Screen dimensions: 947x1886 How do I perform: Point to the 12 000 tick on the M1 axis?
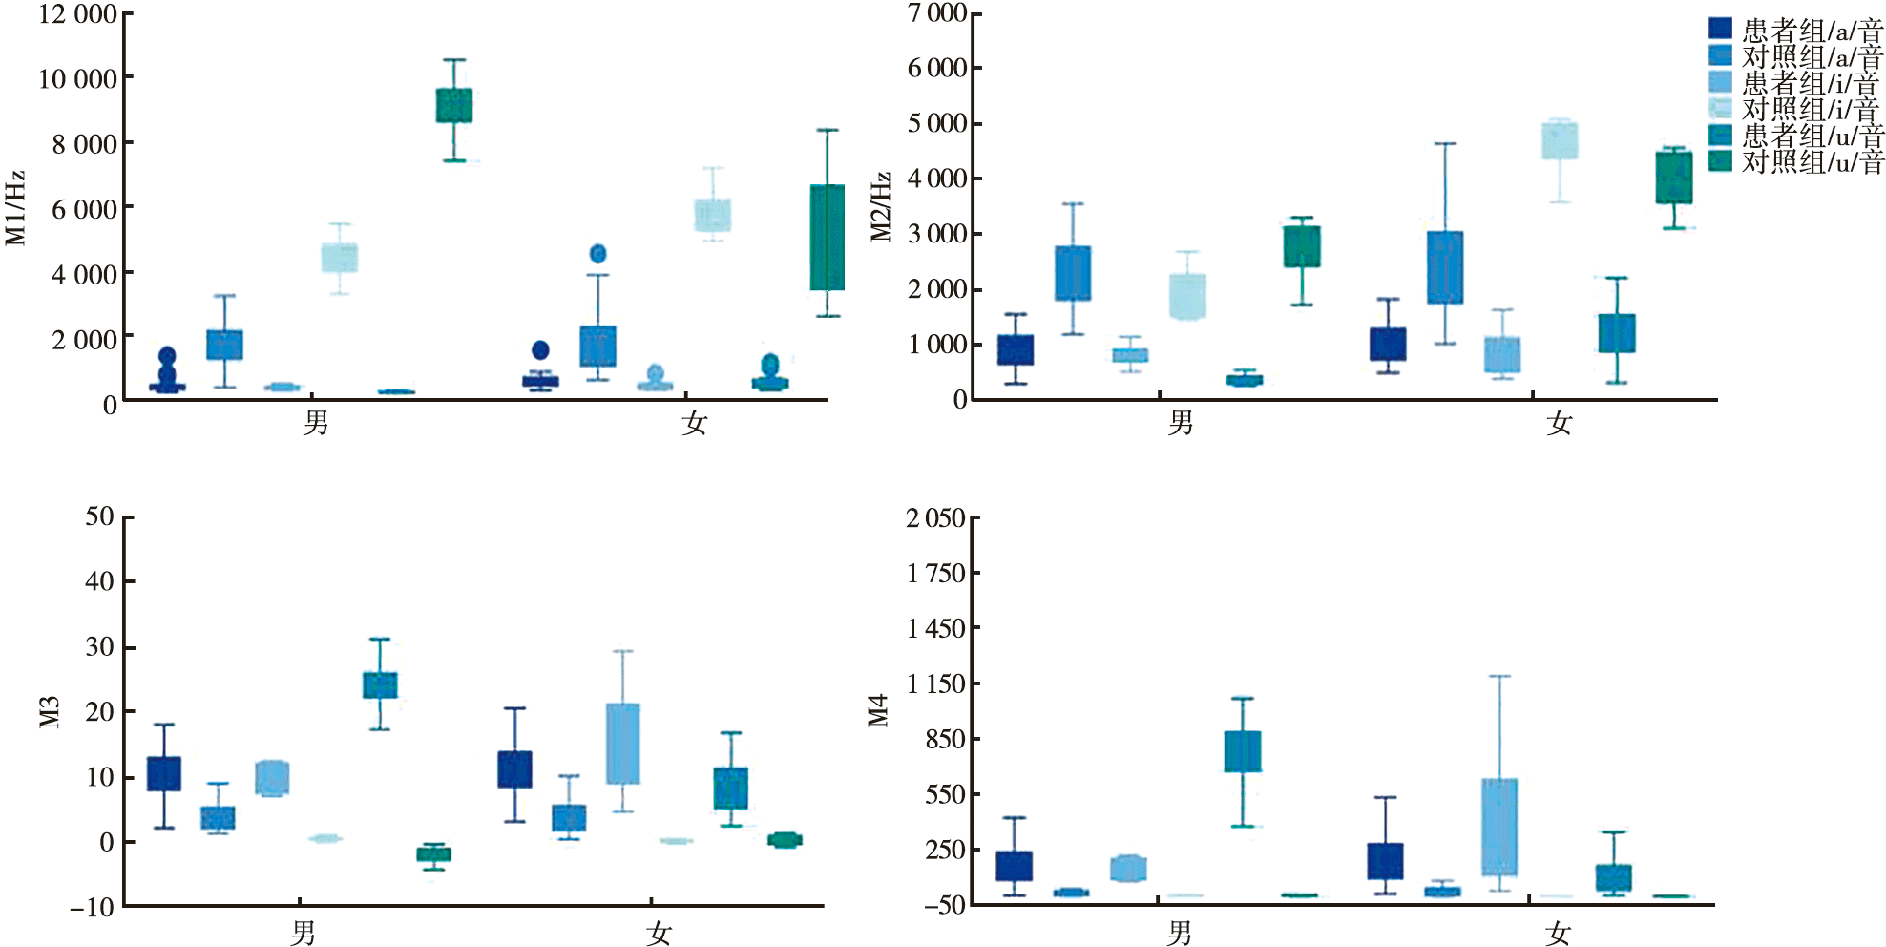pyautogui.click(x=77, y=14)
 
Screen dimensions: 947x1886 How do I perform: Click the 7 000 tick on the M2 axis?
pyautogui.click(x=937, y=13)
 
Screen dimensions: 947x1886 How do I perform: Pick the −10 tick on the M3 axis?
pyautogui.click(x=92, y=906)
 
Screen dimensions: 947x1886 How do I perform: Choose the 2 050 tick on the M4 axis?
pyautogui.click(x=935, y=518)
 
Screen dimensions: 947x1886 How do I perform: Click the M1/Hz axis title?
pyautogui.click(x=16, y=207)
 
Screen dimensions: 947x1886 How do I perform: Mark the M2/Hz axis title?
pyautogui.click(x=881, y=207)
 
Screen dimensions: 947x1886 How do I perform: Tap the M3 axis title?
pyautogui.click(x=50, y=711)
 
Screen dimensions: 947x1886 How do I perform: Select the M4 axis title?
pyautogui.click(x=878, y=711)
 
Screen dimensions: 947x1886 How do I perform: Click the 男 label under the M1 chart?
pyautogui.click(x=316, y=423)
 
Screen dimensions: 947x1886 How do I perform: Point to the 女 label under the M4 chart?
pyautogui.click(x=1559, y=933)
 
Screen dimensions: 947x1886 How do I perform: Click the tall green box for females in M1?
pyautogui.click(x=828, y=238)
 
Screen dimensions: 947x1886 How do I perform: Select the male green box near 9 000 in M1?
pyautogui.click(x=454, y=105)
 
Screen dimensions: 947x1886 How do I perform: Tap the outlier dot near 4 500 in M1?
pyautogui.click(x=598, y=253)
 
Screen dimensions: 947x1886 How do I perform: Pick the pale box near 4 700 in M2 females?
pyautogui.click(x=1560, y=140)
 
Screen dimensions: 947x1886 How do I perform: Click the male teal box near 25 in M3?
pyautogui.click(x=380, y=684)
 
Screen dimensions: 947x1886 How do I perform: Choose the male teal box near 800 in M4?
pyautogui.click(x=1243, y=751)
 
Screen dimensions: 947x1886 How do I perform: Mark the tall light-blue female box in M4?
pyautogui.click(x=1499, y=827)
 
